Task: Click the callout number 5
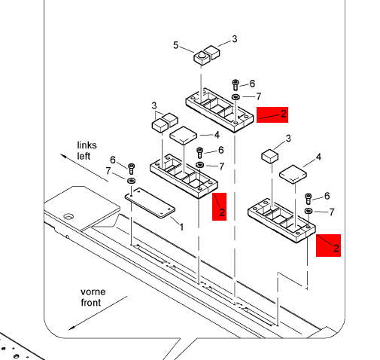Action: [x=175, y=45]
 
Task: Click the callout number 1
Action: [x=181, y=227]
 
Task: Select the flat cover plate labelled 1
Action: [x=150, y=203]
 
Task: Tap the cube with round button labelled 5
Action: [x=201, y=58]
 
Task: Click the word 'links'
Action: [x=87, y=145]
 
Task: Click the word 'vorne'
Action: [x=93, y=291]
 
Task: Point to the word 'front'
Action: [x=90, y=303]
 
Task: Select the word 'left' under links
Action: [x=84, y=156]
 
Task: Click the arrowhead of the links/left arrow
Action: [x=63, y=156]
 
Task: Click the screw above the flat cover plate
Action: [x=131, y=169]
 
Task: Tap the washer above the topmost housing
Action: [x=236, y=96]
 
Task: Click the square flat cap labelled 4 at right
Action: [x=293, y=174]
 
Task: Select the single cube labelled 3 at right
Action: [x=270, y=156]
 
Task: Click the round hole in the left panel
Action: [x=68, y=216]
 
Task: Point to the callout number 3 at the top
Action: [x=234, y=39]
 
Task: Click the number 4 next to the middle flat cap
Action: [x=217, y=135]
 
